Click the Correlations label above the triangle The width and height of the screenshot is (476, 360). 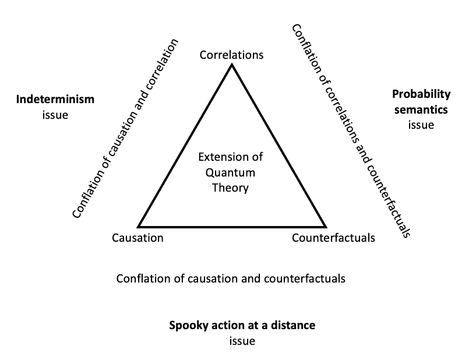(231, 55)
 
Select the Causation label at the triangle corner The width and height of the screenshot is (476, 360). (137, 238)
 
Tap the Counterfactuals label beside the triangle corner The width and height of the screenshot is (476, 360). (333, 238)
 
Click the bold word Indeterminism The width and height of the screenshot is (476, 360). (55, 100)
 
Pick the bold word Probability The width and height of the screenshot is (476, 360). (421, 94)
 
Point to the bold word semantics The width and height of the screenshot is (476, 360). (421, 109)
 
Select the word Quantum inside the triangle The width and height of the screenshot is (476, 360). (230, 172)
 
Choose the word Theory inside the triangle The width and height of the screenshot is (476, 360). (230, 188)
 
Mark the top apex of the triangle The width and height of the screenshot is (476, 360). (231, 65)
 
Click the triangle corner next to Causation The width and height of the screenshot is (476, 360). (139, 226)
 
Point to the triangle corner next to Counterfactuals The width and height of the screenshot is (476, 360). (325, 226)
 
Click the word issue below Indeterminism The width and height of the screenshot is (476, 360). (55, 115)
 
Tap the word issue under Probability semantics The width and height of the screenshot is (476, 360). (421, 125)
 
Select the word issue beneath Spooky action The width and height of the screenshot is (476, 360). (242, 341)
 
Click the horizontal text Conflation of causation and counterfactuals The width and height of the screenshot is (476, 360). (231, 278)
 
